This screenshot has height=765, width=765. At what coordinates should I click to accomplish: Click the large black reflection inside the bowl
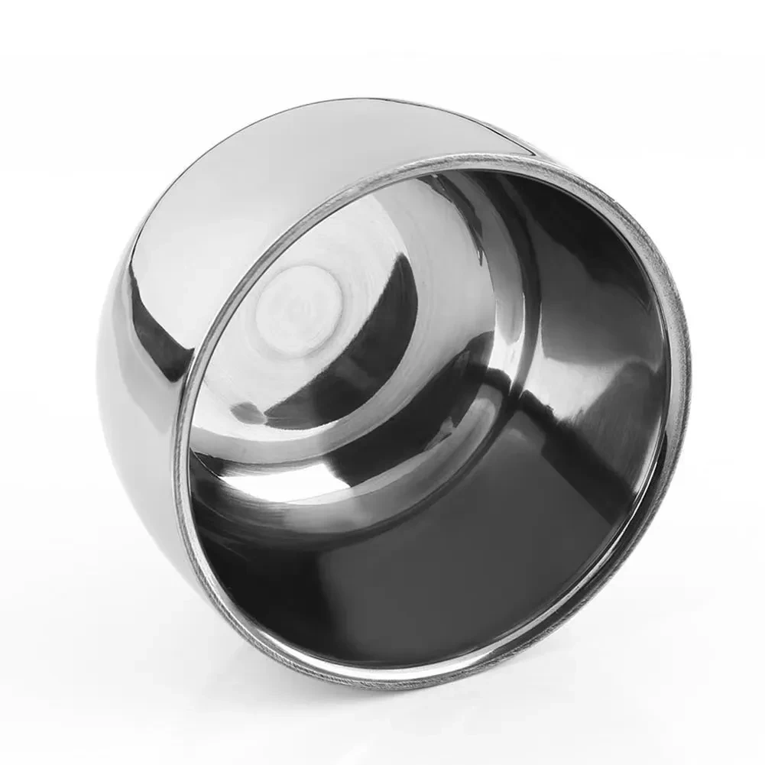pyautogui.click(x=459, y=566)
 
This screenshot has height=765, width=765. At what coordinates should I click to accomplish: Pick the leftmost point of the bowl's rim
pyautogui.click(x=177, y=459)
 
